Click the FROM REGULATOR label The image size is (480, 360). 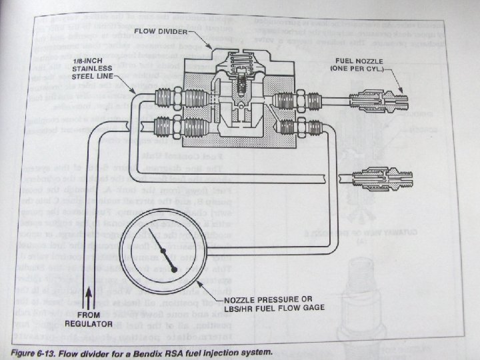(87, 318)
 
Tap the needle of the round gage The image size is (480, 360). (163, 247)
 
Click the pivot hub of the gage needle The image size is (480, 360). (174, 268)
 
